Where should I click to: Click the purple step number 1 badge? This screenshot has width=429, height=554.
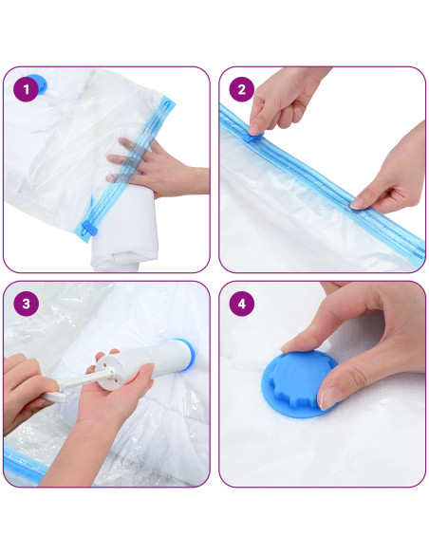pos(27,90)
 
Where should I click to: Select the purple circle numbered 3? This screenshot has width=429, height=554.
pos(27,305)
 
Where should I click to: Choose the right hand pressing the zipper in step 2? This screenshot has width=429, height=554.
pos(389,185)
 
